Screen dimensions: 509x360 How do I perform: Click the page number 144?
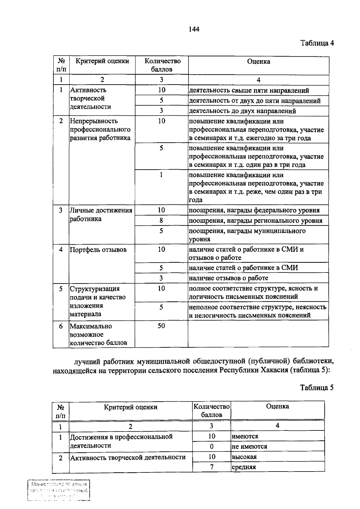194,29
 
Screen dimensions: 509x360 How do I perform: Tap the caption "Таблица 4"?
317,43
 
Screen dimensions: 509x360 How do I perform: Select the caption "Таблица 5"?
317,388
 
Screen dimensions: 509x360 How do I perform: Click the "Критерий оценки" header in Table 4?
102,61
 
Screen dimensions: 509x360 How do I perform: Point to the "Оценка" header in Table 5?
277,406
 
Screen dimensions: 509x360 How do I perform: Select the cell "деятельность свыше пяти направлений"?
249,91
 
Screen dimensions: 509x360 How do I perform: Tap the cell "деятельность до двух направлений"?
242,111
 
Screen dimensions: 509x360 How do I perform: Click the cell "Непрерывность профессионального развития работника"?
100,129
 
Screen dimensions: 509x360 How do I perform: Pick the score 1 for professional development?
161,175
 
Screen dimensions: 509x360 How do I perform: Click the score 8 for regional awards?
161,221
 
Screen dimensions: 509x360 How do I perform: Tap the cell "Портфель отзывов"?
98,250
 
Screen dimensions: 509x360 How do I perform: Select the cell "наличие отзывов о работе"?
228,278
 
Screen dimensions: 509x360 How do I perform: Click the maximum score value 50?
161,326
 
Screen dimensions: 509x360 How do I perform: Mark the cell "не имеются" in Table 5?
249,446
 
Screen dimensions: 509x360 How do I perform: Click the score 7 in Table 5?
212,467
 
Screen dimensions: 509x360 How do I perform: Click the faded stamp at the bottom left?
59,491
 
